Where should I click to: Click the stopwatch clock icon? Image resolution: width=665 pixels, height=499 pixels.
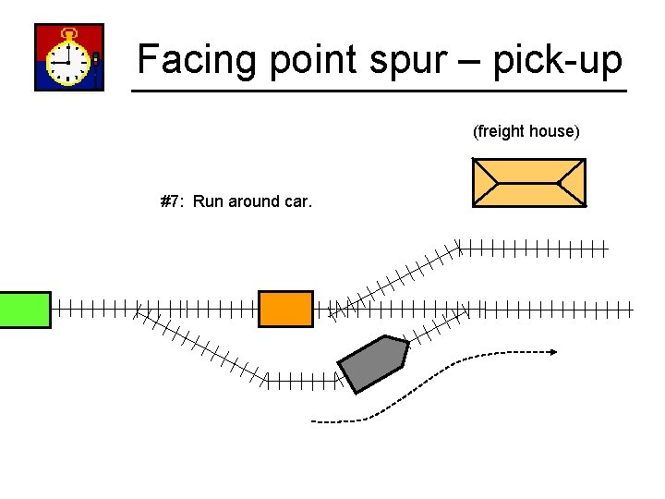[69, 57]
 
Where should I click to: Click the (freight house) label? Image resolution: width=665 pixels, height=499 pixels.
[526, 131]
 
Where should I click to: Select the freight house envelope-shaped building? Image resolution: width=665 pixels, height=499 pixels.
[528, 182]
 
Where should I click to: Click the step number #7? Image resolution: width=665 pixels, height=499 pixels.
[173, 201]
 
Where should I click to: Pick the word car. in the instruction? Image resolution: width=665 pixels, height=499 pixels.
[297, 201]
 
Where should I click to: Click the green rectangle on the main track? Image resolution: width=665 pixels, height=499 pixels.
[25, 309]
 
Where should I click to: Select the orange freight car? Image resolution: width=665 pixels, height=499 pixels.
[285, 309]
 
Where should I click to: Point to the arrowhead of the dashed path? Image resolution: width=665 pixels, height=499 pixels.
[551, 351]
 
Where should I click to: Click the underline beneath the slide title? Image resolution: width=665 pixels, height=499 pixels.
[379, 91]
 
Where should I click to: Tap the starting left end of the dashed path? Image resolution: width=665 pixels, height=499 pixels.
[314, 421]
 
